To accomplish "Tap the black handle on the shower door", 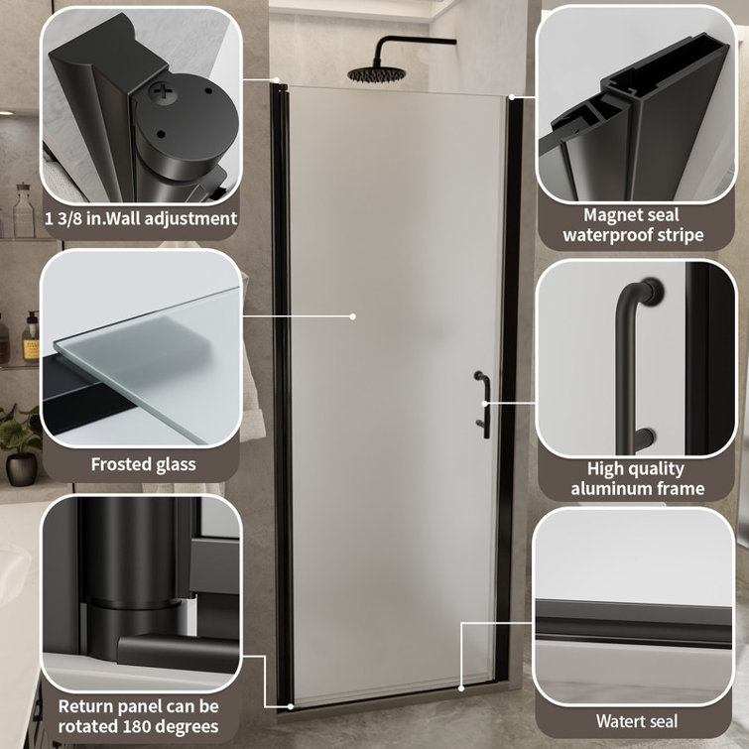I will pyautogui.click(x=481, y=404).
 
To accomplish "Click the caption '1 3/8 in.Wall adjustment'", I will pyautogui.click(x=140, y=218).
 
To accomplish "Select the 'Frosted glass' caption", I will pyautogui.click(x=143, y=464).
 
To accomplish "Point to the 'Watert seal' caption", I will pyautogui.click(x=636, y=721).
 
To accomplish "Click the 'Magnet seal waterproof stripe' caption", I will pyautogui.click(x=633, y=225).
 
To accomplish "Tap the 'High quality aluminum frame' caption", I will pyautogui.click(x=637, y=478).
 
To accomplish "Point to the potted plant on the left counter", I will pyautogui.click(x=18, y=441).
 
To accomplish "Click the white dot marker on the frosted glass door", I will pyautogui.click(x=352, y=316).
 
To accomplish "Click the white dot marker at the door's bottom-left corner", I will pyautogui.click(x=290, y=706).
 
